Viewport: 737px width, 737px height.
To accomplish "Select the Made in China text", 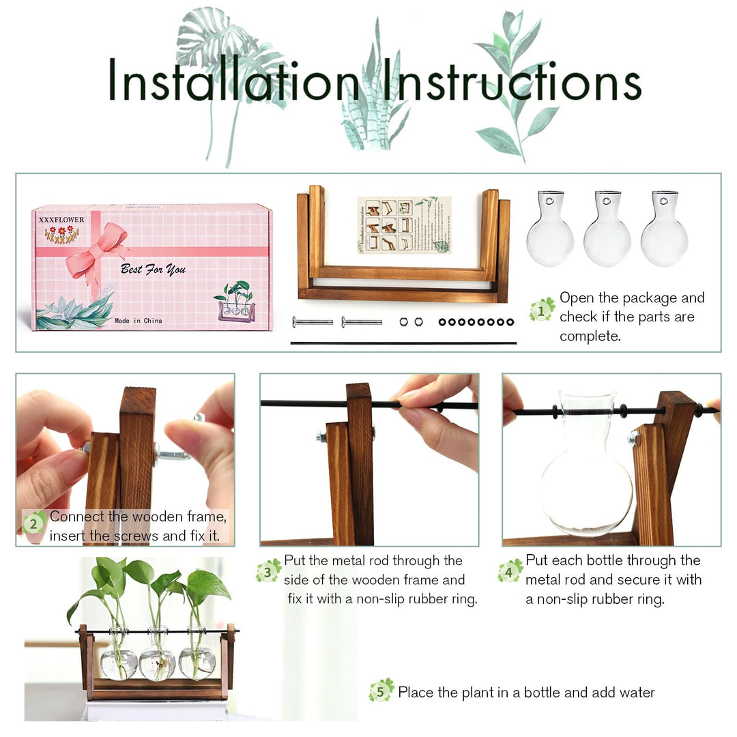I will (x=139, y=320).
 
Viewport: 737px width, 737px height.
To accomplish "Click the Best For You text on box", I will (x=153, y=269).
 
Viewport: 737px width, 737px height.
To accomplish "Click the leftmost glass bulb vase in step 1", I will (x=549, y=232).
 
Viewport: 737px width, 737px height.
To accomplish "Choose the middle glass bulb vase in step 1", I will (x=607, y=232).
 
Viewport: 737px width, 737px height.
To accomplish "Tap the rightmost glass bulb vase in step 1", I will (x=664, y=232).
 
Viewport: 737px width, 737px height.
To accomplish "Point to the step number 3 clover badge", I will (x=268, y=570).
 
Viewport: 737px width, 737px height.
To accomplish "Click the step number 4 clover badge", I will (x=510, y=570).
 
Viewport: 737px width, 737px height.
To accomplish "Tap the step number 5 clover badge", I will (x=381, y=691).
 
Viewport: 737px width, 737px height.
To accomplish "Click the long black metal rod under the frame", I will (x=403, y=343).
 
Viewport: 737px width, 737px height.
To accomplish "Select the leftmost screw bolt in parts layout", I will (x=313, y=321).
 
